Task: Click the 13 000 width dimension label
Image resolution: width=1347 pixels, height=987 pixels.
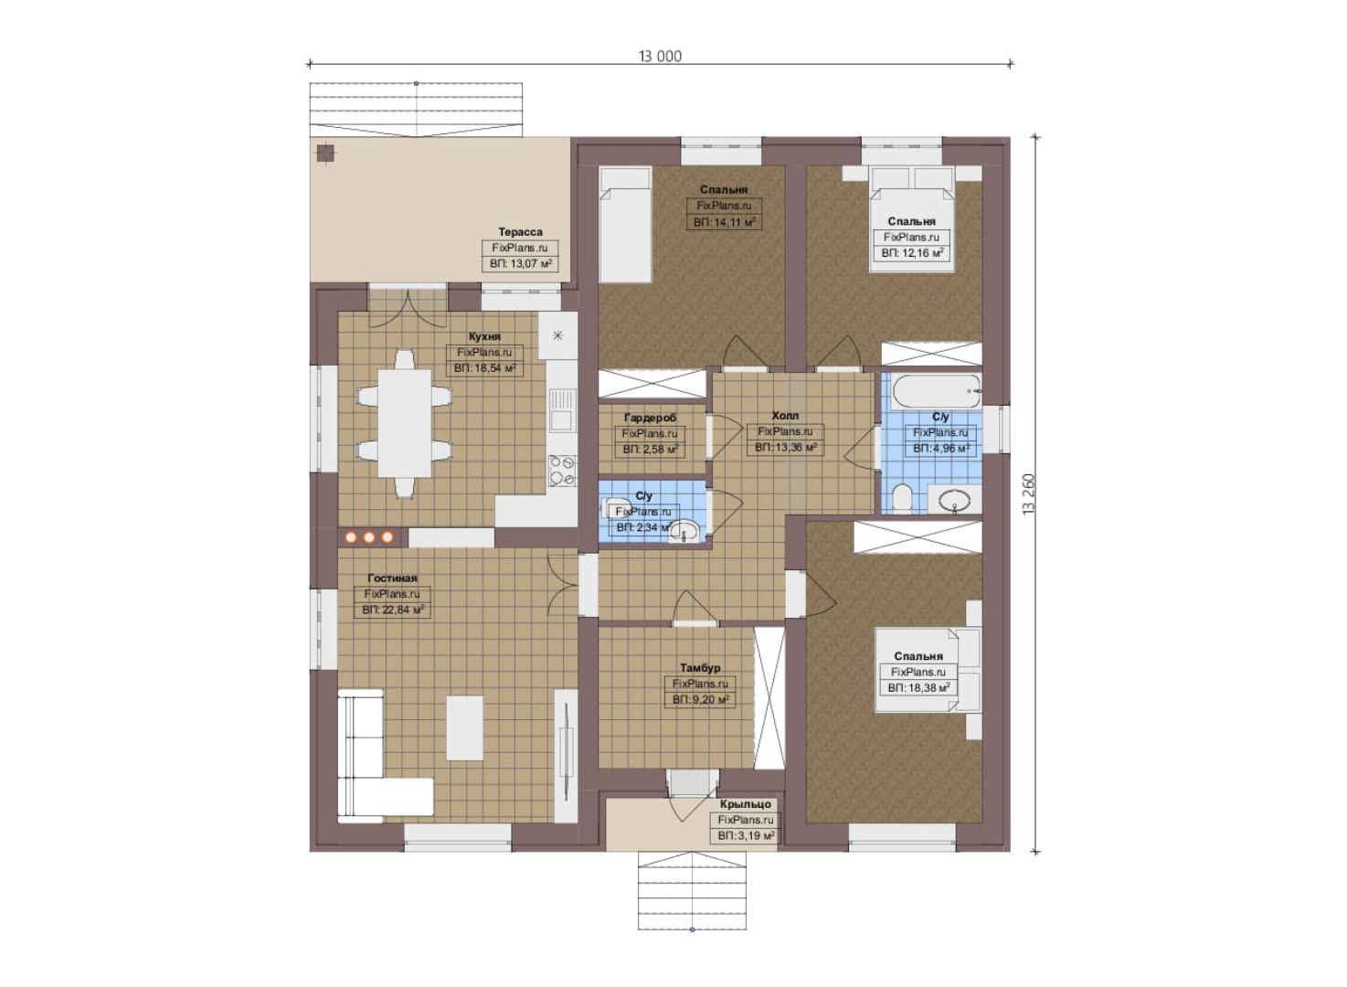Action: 660,57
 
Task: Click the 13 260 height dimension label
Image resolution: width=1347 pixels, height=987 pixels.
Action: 1029,493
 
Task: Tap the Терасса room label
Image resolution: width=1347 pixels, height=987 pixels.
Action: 520,231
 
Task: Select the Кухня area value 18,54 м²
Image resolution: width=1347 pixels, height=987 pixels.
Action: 484,367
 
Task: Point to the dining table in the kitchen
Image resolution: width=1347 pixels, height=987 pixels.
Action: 405,423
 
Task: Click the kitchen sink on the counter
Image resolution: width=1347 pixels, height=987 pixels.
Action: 561,409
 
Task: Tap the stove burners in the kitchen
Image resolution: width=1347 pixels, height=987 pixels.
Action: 562,471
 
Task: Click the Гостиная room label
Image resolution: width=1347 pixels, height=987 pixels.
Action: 392,578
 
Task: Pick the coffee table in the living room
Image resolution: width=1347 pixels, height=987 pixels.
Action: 464,727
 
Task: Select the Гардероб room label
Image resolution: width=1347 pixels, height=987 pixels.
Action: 650,418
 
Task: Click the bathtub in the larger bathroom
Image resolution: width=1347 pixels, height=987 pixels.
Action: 937,391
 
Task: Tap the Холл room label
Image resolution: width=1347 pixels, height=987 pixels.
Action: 785,416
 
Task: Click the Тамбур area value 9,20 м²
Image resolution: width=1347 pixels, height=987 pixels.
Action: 701,699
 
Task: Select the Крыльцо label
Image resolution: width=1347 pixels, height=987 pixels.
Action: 746,804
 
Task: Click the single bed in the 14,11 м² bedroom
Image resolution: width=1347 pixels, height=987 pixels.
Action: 626,224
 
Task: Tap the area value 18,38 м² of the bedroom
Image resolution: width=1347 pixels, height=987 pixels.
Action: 918,687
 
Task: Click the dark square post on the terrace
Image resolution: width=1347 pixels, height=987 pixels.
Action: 325,153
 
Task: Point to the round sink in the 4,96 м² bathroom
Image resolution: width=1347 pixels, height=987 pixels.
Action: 956,500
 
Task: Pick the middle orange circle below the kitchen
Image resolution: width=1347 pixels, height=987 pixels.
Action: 369,537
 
